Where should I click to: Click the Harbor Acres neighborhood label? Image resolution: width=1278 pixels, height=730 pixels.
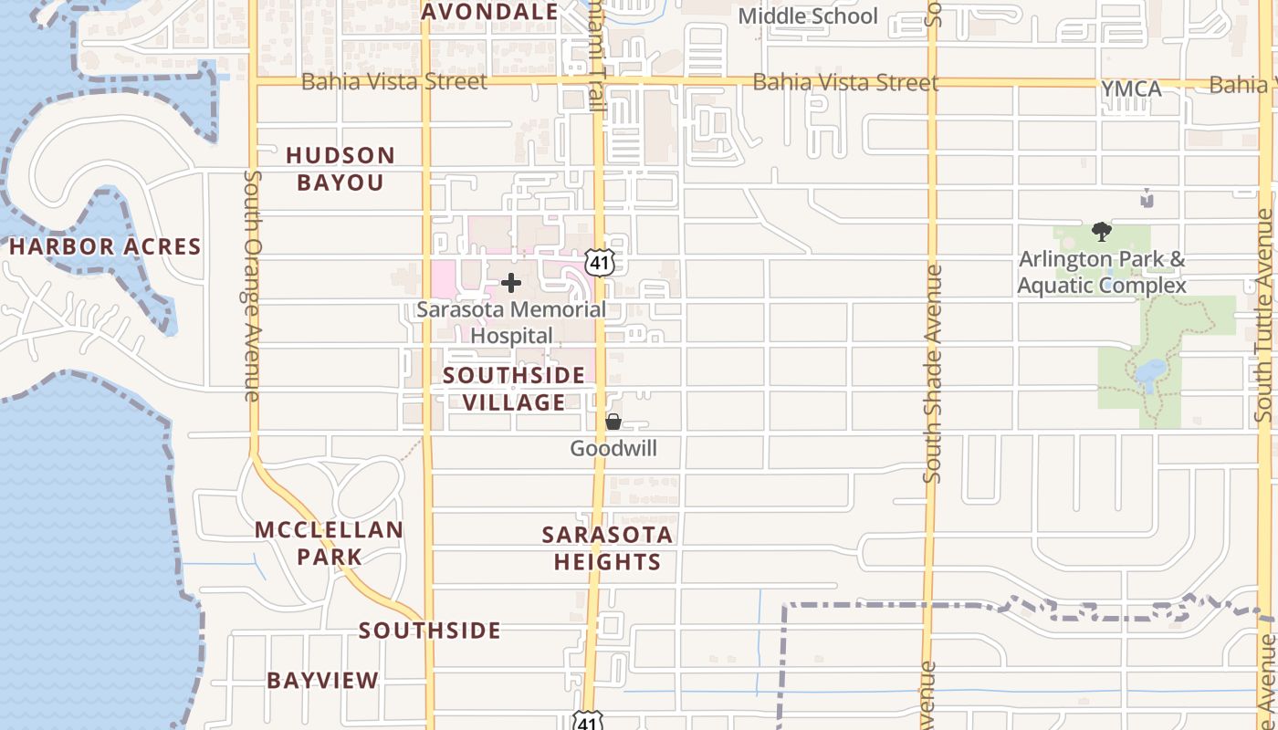pos(105,246)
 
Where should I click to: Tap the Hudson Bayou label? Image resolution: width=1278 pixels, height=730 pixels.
pos(340,169)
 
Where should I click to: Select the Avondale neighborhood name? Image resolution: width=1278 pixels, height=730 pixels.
pos(490,12)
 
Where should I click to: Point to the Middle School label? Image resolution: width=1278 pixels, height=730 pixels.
pos(807,16)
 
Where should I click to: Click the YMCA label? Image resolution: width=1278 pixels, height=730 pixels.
pos(1131,89)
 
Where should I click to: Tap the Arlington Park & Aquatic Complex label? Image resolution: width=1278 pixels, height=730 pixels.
pos(1102,273)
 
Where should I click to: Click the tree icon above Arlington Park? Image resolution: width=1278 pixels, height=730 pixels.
pos(1102,232)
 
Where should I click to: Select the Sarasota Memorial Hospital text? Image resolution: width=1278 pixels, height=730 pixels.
pos(511,322)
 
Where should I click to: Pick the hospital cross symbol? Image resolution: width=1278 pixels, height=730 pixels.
pos(511,283)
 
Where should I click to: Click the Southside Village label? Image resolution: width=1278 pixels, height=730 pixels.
pos(514,389)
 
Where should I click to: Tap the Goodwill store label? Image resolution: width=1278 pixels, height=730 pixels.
pos(613,448)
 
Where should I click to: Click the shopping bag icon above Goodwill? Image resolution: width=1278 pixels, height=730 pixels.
pos(613,422)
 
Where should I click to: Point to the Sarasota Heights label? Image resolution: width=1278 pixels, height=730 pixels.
pos(607,547)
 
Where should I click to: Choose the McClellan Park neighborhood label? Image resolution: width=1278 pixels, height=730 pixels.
pos(329,543)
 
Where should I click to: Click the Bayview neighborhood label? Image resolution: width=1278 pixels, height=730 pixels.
pos(322,680)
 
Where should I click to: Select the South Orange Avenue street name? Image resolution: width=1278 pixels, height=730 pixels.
pos(253,285)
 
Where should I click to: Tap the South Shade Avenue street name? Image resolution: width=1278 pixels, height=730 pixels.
pos(932,374)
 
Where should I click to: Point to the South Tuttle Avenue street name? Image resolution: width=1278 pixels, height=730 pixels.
pos(1264,315)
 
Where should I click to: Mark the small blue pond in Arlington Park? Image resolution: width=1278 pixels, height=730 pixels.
pos(1150,372)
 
